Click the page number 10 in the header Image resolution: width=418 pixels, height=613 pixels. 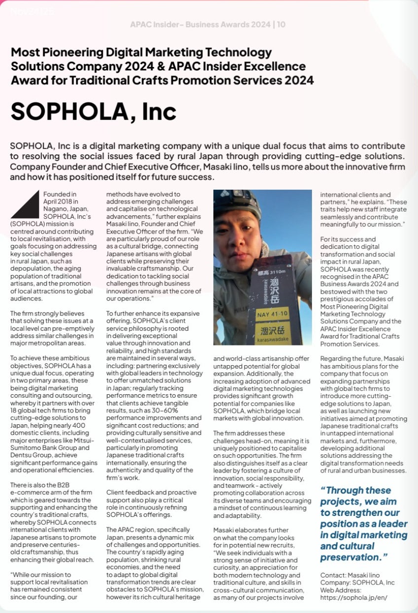click(281, 24)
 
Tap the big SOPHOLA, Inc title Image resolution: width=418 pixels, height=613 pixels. click(94, 111)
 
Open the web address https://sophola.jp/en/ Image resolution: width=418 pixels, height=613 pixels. click(357, 598)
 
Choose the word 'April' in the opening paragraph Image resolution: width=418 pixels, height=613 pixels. click(52, 202)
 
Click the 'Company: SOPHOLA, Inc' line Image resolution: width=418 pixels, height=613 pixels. click(357, 582)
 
